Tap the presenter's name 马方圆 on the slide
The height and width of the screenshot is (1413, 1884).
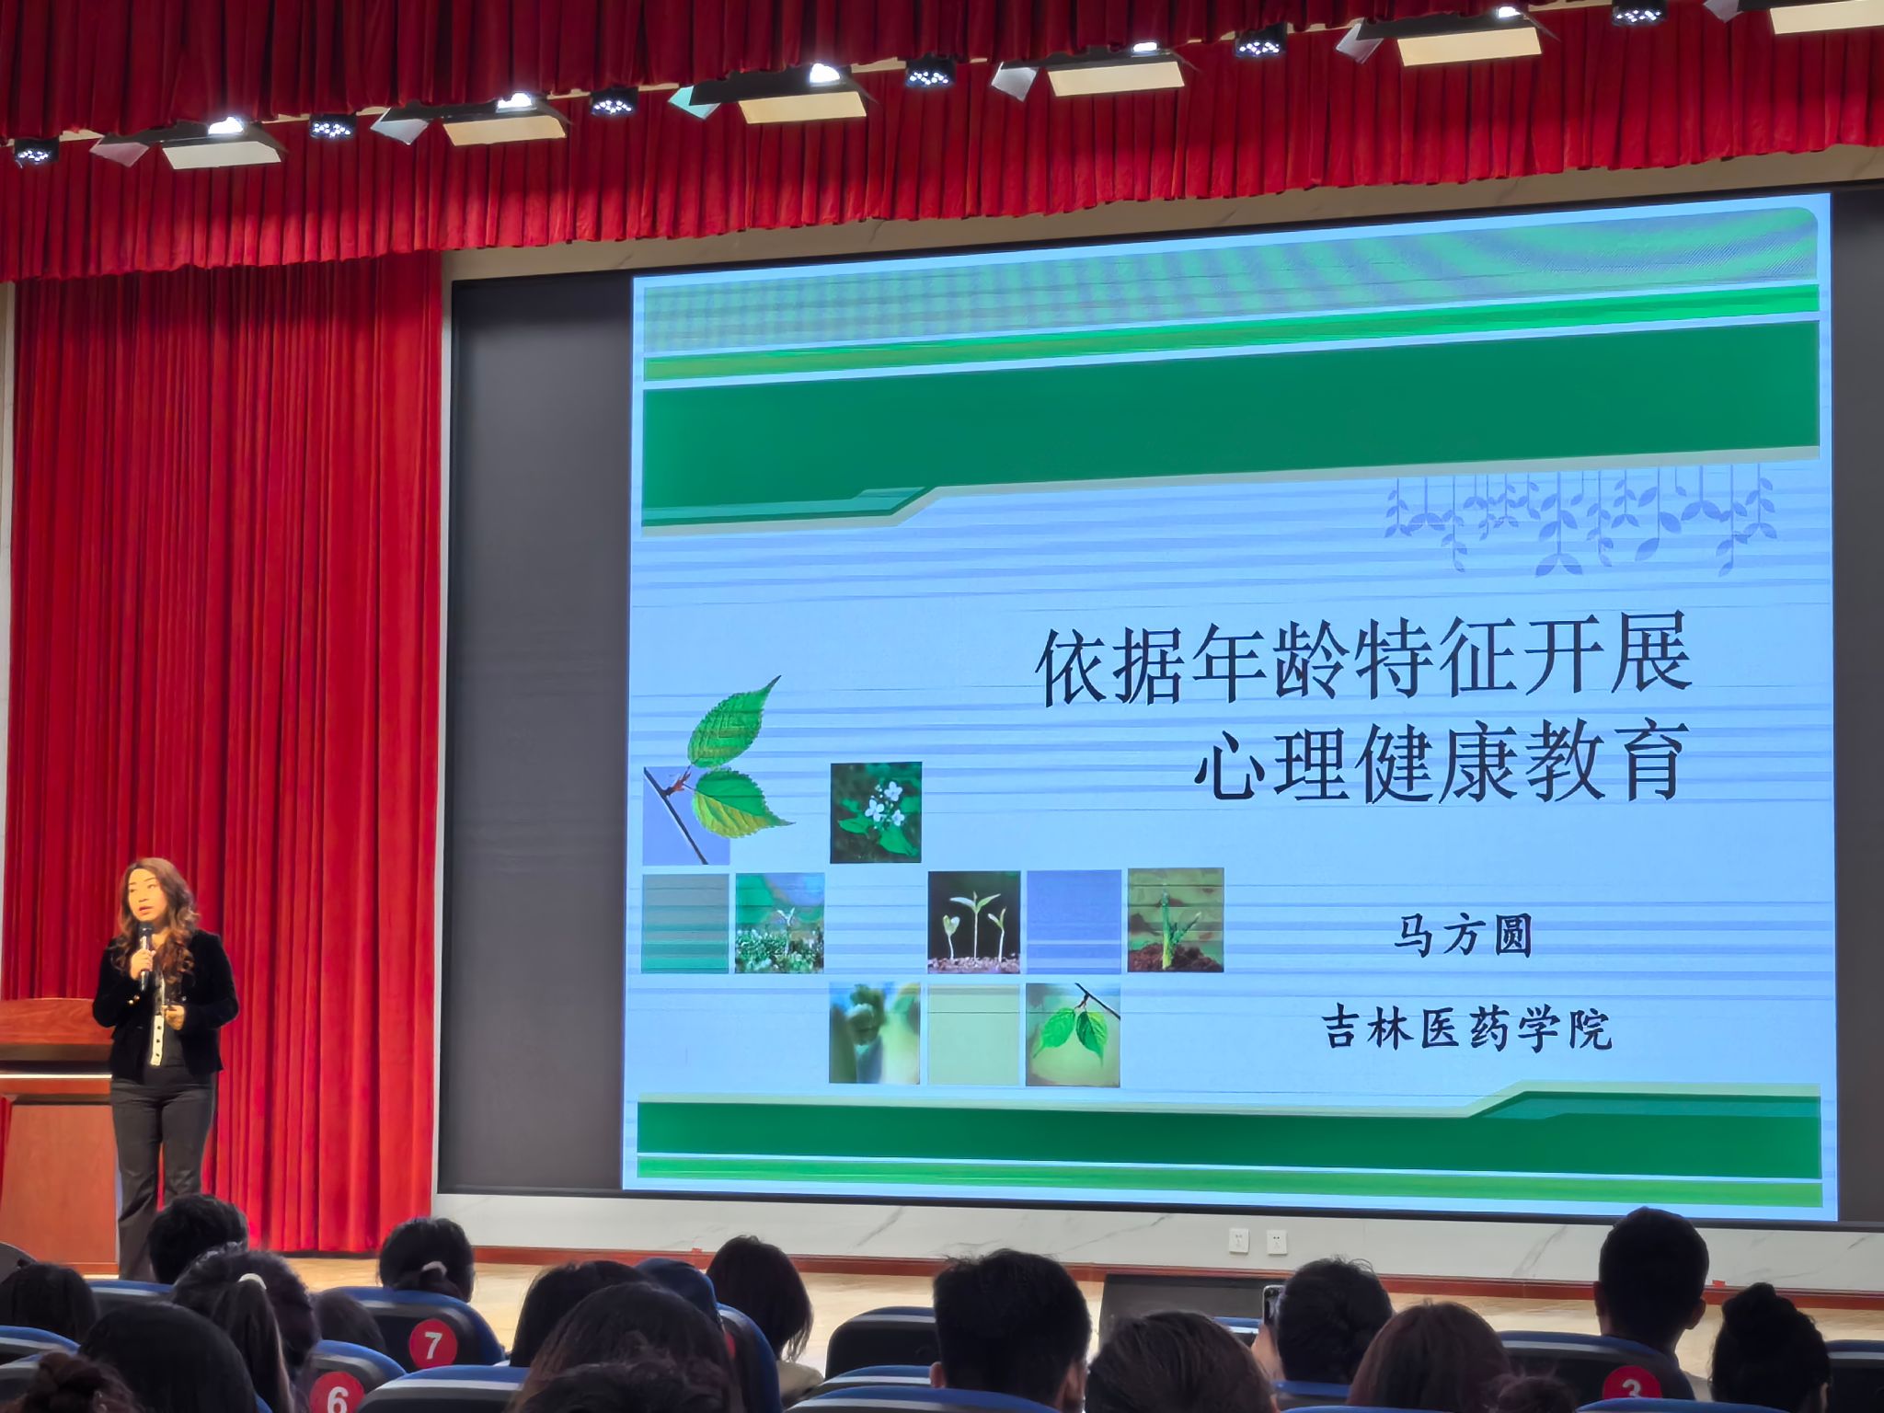(1462, 936)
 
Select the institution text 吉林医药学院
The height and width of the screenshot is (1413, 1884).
(1467, 1028)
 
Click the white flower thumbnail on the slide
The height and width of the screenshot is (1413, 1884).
(875, 812)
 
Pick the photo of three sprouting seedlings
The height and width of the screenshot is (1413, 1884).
(974, 921)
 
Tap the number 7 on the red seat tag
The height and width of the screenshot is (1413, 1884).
(431, 1345)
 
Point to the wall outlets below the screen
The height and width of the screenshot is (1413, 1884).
(1257, 1242)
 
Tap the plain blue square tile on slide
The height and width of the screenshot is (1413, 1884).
(1073, 921)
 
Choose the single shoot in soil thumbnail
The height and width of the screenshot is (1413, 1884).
(1176, 919)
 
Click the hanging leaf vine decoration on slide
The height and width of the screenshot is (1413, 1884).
(1580, 519)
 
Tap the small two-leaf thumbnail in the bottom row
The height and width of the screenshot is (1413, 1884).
(1073, 1035)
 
